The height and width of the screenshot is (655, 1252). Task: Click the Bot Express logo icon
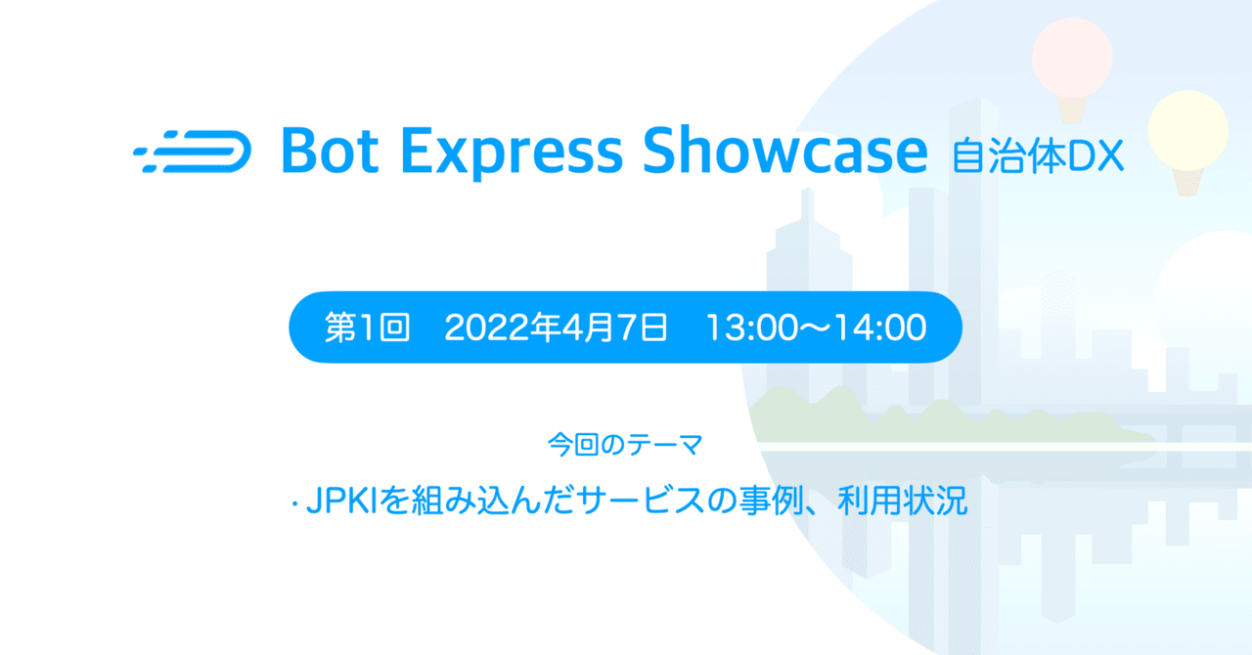click(x=192, y=152)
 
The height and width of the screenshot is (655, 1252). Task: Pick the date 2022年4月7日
click(x=556, y=328)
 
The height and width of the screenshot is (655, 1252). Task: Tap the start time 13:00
click(x=750, y=328)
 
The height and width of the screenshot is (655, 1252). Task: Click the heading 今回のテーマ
click(x=625, y=445)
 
